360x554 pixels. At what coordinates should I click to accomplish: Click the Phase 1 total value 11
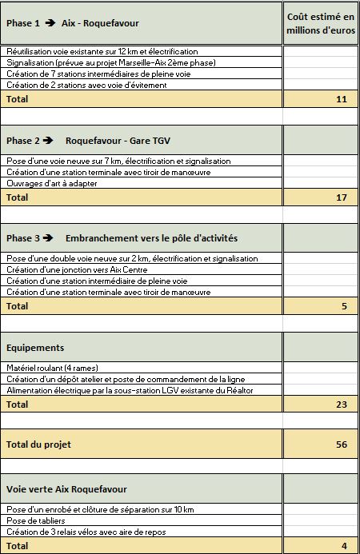[x=342, y=99]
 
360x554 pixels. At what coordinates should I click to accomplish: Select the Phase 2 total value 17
[x=342, y=197]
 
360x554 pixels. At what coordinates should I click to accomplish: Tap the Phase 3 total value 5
[x=344, y=306]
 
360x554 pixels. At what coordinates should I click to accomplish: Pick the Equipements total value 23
[x=342, y=405]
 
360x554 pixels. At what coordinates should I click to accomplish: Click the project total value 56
[x=342, y=444]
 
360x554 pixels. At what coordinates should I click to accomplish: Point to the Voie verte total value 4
[x=344, y=546]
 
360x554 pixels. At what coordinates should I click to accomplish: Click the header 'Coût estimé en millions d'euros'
[x=320, y=24]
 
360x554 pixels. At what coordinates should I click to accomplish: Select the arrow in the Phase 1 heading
[x=49, y=23]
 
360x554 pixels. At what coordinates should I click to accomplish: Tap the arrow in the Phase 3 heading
[x=49, y=238]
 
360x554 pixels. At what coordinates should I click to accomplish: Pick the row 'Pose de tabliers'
[x=35, y=520]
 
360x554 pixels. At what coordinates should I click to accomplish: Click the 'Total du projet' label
[x=38, y=444]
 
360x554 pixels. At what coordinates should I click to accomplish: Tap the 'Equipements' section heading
[x=36, y=348]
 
